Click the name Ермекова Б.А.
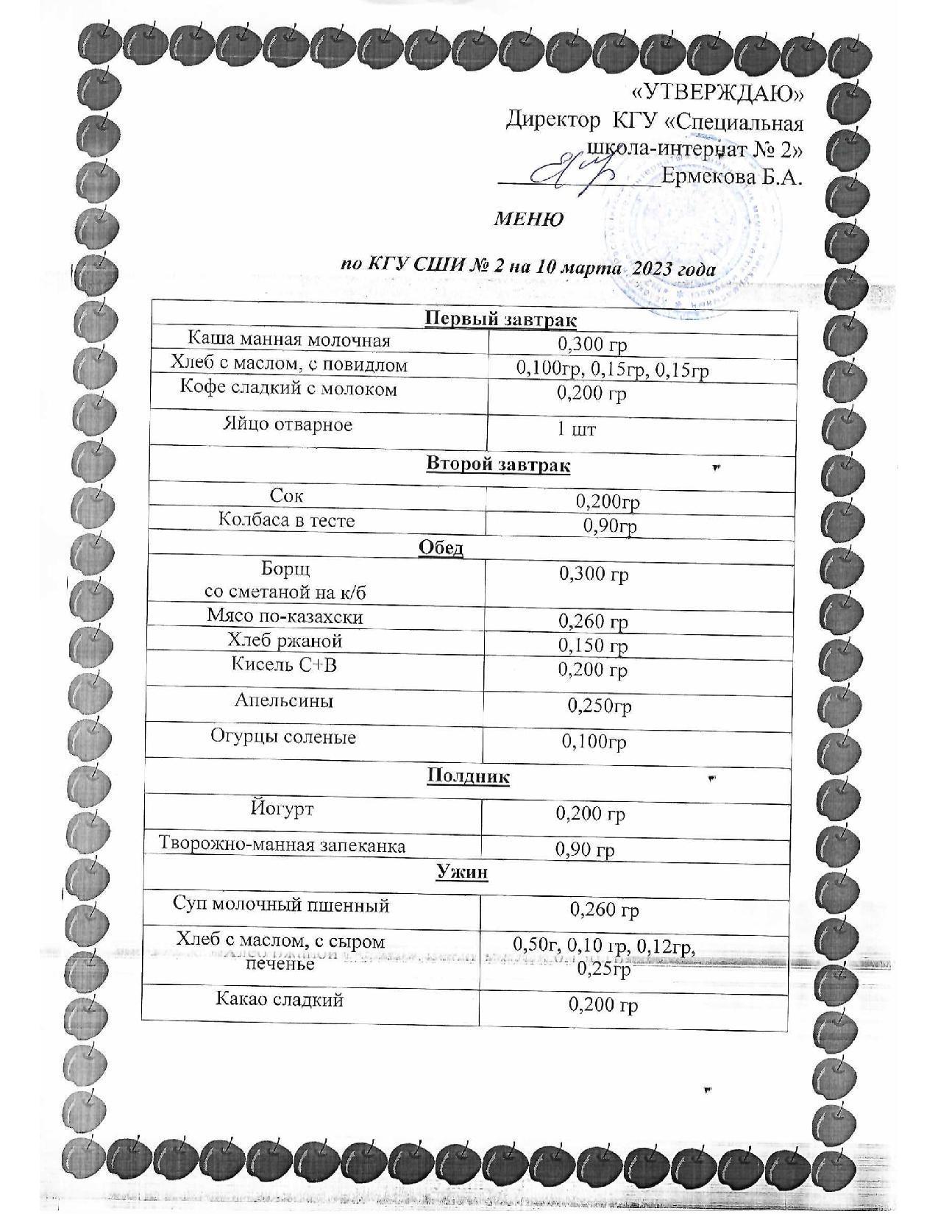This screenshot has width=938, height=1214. coord(731,177)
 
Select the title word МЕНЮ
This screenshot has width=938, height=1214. coord(528,219)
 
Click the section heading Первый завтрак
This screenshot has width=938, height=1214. coord(500,319)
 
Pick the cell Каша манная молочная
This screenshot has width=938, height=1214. coord(288,339)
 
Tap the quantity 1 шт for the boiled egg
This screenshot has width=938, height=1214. coord(576,429)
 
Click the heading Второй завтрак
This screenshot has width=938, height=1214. coord(498,465)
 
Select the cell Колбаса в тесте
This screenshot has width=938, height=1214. coord(287,520)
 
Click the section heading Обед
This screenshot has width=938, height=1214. coord(441,547)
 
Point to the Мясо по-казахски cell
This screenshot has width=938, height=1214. coord(285,617)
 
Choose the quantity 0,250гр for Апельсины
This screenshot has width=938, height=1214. coord(600,706)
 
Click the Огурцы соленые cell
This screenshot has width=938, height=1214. coord(283,736)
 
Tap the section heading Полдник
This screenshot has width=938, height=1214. coord(468,775)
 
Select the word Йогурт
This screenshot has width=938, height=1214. coord(282,809)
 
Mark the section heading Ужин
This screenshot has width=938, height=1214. coord(462,872)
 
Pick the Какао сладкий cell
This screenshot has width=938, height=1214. coord(280,999)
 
